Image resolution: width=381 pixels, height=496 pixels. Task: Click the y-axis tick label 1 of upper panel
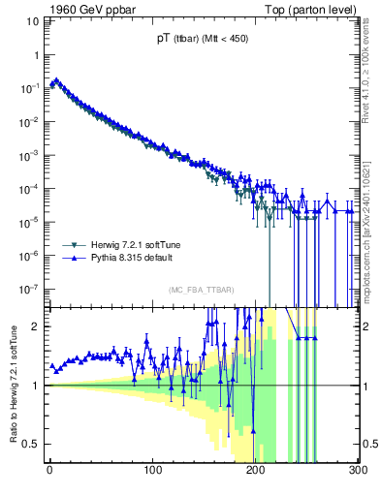tap(37, 54)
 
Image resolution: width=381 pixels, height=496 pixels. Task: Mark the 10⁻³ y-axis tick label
tap(30, 155)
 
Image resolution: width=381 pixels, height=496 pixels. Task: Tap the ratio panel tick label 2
tap(37, 325)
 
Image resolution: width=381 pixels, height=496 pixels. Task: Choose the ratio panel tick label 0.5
tap(32, 444)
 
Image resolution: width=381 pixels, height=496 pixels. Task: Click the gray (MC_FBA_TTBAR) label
tap(201, 290)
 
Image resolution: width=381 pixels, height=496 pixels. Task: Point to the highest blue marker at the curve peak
tap(55, 80)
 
